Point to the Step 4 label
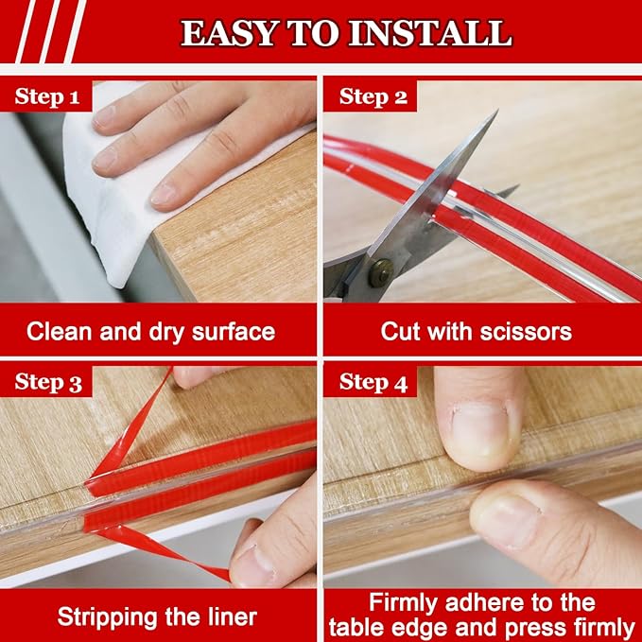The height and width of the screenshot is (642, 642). point(373,382)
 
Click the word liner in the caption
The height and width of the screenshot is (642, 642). point(231,617)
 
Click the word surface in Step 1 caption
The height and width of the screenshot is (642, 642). point(231,331)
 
